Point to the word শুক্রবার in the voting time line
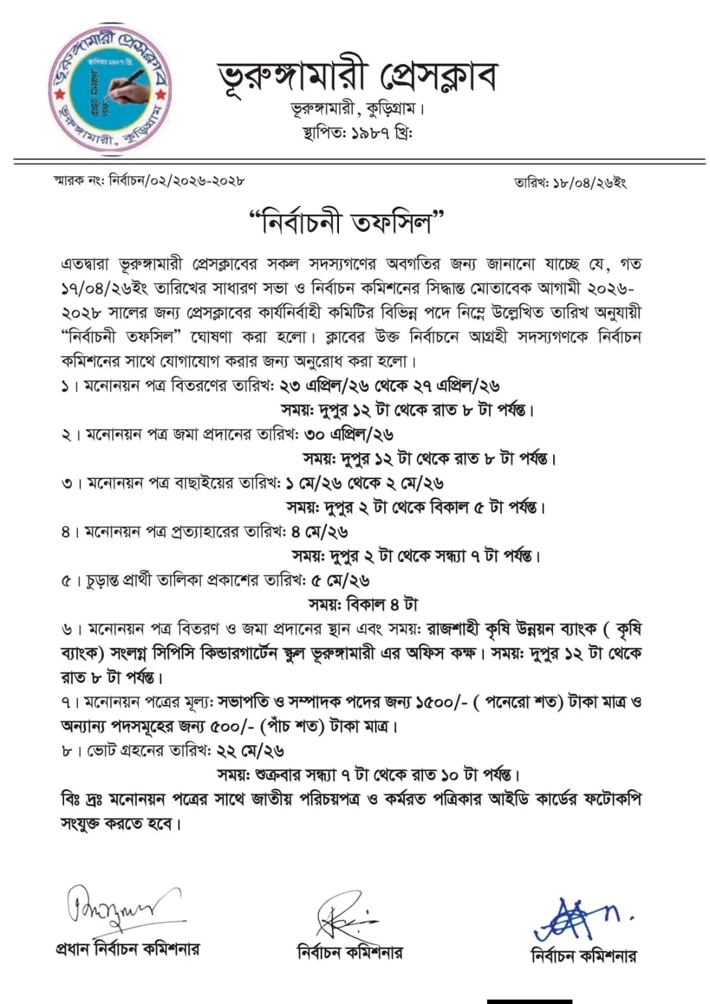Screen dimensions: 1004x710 click(282, 776)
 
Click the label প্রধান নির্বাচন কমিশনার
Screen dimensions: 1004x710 click(128, 950)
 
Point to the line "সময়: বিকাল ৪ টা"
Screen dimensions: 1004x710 click(363, 605)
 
